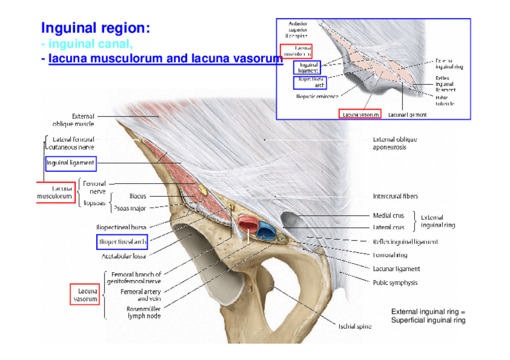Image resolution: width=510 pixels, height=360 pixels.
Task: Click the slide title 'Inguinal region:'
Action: click(x=95, y=28)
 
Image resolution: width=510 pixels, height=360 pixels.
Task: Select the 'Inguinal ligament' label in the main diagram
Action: click(x=70, y=163)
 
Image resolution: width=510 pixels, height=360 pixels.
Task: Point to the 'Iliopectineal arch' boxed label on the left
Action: click(x=122, y=242)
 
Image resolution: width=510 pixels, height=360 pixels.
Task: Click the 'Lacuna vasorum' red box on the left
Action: click(x=85, y=294)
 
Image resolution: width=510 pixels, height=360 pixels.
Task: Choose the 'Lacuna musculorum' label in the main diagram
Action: click(x=55, y=192)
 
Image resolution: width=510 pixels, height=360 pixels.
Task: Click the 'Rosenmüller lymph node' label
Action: click(x=143, y=313)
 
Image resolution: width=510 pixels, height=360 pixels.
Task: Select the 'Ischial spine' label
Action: click(x=354, y=326)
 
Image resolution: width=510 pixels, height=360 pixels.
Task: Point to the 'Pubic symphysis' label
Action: click(x=395, y=282)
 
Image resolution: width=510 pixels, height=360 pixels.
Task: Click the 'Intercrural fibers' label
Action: click(x=395, y=196)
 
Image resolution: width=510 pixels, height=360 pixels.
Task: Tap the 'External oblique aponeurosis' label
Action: click(x=395, y=143)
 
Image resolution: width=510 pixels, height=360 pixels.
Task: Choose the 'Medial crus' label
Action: click(x=389, y=215)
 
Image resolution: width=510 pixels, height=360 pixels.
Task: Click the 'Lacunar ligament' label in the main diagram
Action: click(x=396, y=269)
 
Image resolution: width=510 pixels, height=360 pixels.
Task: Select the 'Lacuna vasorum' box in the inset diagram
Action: click(x=360, y=114)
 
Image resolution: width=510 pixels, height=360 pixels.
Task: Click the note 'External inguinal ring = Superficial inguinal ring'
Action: click(x=428, y=316)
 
